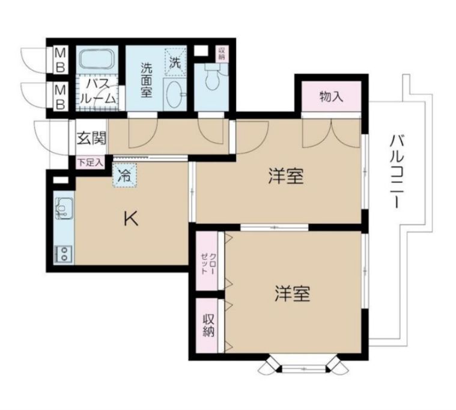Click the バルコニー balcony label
395,172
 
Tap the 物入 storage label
331,96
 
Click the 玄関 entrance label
91,138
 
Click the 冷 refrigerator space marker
124,176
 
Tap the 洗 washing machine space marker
174,61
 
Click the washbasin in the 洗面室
173,95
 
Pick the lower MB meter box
61,96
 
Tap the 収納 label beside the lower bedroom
208,325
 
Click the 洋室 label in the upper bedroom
285,177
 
